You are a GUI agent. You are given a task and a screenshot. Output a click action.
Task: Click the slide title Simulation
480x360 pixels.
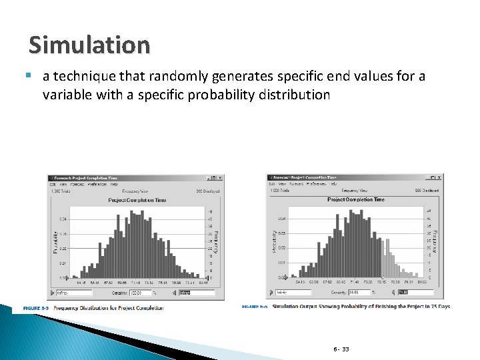tap(89, 45)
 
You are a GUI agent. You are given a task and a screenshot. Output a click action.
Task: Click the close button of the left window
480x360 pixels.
tap(220, 178)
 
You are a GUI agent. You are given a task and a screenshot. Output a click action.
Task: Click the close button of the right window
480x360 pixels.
tap(439, 177)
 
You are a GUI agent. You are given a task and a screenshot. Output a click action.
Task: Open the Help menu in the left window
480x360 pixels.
tap(113, 185)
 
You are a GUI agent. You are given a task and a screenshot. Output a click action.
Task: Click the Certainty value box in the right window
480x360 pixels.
tap(360, 292)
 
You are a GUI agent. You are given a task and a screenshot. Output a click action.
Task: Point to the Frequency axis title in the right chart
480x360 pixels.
tap(435, 241)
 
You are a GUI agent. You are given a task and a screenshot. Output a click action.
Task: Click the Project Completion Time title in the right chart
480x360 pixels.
tap(355, 199)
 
